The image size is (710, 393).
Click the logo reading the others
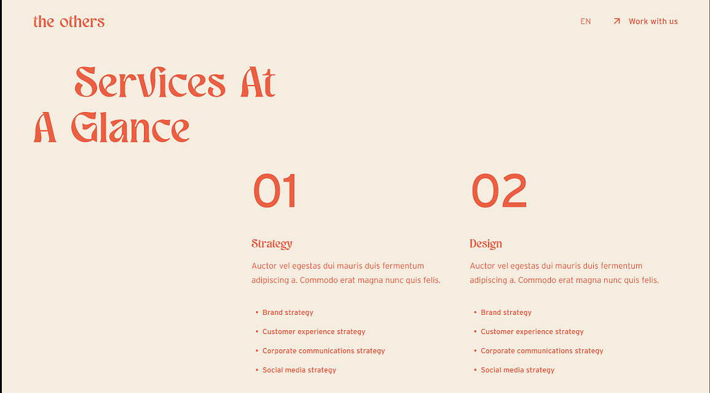tap(69, 22)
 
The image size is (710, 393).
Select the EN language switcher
tap(586, 22)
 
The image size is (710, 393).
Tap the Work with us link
tap(653, 22)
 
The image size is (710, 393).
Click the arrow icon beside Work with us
tap(616, 22)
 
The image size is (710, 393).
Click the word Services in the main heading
tap(150, 82)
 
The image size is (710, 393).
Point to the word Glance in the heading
tap(130, 128)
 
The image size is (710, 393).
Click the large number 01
tap(274, 191)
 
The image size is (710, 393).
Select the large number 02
tap(499, 191)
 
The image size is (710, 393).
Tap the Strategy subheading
tap(272, 244)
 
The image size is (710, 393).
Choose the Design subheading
tap(486, 244)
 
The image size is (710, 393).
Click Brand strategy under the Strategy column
tap(288, 312)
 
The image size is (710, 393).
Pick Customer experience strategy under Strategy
tap(314, 331)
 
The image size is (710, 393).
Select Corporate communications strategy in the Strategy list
tap(324, 351)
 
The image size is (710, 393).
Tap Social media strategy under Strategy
tap(299, 370)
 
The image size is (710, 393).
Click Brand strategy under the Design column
tap(506, 312)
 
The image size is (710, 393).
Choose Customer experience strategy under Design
tap(532, 331)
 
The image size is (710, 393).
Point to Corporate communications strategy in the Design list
tap(542, 351)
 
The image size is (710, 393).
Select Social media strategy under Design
tap(517, 370)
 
